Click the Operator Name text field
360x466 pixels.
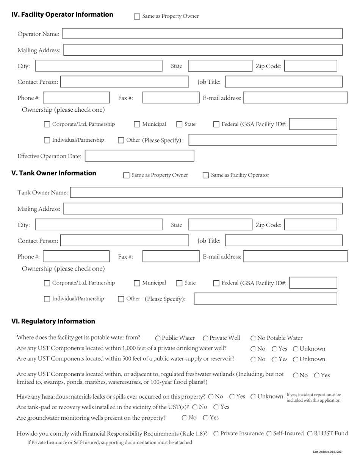coord(202,34)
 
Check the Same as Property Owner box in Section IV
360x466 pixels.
coord(137,16)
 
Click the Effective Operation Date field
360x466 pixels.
coord(139,156)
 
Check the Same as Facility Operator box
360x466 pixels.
coord(206,175)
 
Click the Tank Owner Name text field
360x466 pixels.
coord(207,192)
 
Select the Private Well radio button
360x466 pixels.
coord(205,338)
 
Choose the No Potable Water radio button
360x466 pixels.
coord(253,338)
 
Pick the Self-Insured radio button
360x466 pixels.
coord(269,433)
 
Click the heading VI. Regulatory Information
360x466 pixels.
coord(53,321)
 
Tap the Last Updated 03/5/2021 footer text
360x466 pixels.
coord(327,452)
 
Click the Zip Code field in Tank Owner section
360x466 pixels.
coord(310,225)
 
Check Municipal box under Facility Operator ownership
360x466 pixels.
coord(137,124)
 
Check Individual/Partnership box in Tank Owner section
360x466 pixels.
coord(47,299)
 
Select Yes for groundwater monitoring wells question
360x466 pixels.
coord(206,418)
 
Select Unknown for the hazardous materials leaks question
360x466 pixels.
coord(253,397)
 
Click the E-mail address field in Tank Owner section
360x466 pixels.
coord(295,256)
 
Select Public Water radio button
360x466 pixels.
coord(158,338)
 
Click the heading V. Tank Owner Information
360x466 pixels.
coord(54,173)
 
